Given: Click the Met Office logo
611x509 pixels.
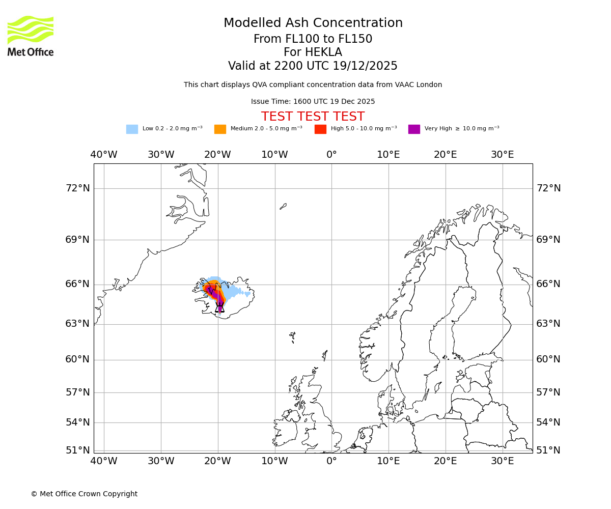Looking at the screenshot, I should [31, 36].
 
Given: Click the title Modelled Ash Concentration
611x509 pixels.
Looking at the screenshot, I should [313, 23].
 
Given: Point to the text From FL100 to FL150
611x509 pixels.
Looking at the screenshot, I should [313, 39].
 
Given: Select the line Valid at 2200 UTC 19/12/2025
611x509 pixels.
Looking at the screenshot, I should [313, 66].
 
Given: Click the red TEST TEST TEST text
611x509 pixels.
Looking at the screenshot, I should [313, 117].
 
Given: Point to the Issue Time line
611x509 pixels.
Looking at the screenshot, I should [313, 102].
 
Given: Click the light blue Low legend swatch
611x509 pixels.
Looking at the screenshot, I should [132, 129].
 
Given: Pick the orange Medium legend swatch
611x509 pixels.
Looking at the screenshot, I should [220, 129].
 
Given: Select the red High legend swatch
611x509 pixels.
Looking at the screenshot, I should [320, 129].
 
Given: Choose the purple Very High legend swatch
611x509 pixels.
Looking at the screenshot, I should [414, 129].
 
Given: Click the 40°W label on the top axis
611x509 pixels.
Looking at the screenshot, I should [104, 155].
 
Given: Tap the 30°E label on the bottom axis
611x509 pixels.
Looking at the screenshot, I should [502, 461].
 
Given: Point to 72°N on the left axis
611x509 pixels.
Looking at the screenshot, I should [77, 188].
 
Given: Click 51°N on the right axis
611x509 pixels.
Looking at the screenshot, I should [548, 450].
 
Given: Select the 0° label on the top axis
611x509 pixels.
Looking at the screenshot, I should [331, 155].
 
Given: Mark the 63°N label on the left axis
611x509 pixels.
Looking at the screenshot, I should [77, 324].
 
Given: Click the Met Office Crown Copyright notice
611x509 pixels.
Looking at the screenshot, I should [84, 494].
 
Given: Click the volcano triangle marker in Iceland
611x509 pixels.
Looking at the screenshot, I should [220, 308].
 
